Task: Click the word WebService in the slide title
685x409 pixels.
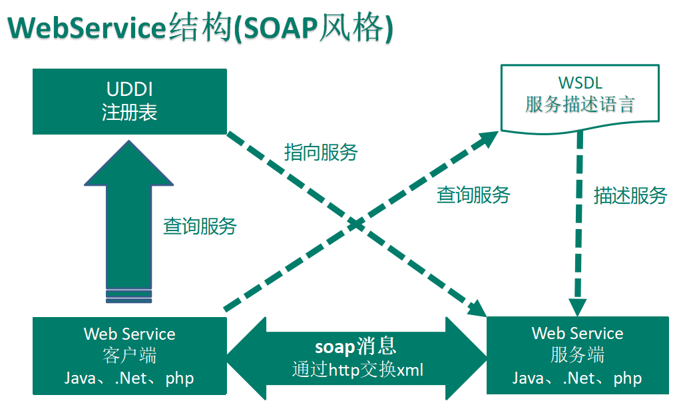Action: click(x=87, y=29)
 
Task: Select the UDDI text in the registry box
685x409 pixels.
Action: click(x=130, y=89)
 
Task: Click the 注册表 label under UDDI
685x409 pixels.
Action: click(x=130, y=112)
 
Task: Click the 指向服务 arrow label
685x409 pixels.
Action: click(x=321, y=152)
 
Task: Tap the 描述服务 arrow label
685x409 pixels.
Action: click(x=630, y=195)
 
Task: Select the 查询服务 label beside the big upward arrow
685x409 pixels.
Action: click(x=200, y=226)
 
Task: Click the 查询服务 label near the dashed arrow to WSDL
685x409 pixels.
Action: click(x=473, y=195)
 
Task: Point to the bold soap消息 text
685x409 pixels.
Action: click(x=355, y=346)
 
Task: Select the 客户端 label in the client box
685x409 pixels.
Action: click(x=130, y=356)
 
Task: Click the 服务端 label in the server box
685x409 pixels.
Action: click(x=577, y=355)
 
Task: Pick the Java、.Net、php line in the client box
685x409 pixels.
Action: click(x=130, y=378)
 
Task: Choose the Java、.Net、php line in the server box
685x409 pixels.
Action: click(x=577, y=378)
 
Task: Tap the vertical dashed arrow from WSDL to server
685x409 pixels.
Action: click(x=578, y=220)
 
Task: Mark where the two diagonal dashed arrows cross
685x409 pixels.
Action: click(x=357, y=224)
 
